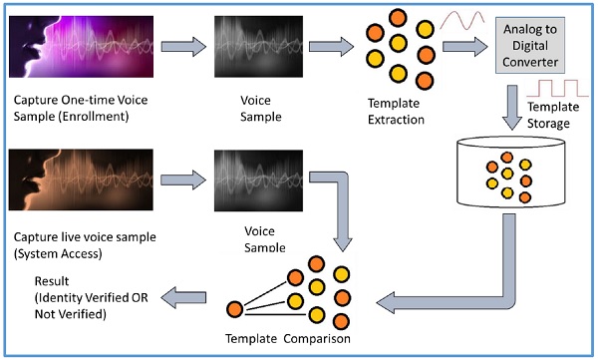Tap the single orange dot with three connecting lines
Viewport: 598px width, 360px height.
(x=234, y=308)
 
